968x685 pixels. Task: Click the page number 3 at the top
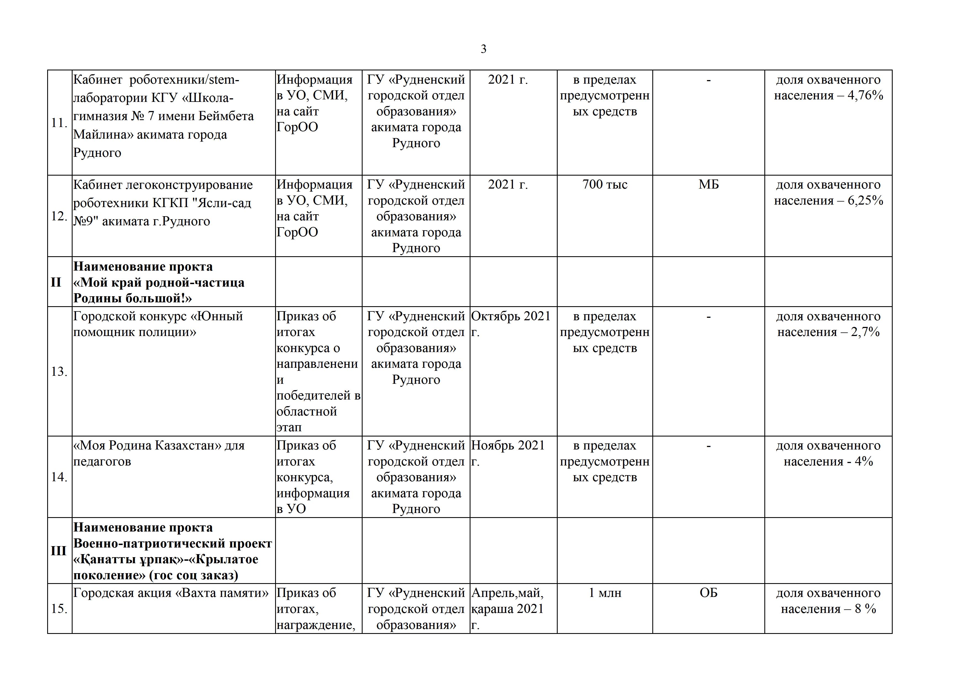pyautogui.click(x=483, y=49)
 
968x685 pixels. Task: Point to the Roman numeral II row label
pyautogui.click(x=56, y=282)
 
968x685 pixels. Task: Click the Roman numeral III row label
pyautogui.click(x=58, y=551)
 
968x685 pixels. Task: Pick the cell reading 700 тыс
pyautogui.click(x=605, y=185)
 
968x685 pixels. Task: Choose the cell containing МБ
pyautogui.click(x=708, y=185)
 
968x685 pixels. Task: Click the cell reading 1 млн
pyautogui.click(x=605, y=593)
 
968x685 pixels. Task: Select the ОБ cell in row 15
pyautogui.click(x=708, y=593)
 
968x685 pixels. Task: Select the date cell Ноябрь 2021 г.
pyautogui.click(x=508, y=453)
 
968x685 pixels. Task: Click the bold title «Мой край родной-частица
pyautogui.click(x=159, y=283)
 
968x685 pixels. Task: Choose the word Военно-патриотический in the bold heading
pyautogui.click(x=144, y=544)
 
